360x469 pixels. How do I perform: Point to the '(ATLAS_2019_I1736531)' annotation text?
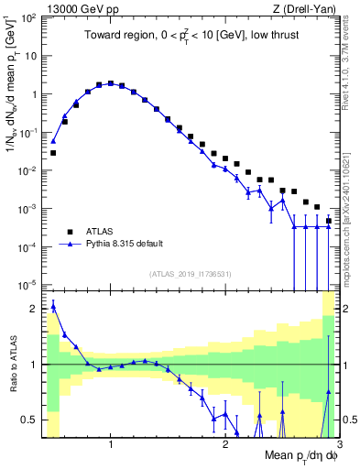click(x=191, y=274)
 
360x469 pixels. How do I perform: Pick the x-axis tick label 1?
click(x=111, y=445)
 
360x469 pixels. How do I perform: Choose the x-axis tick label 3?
click(x=336, y=445)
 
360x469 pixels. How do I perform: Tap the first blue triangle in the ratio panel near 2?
click(x=53, y=306)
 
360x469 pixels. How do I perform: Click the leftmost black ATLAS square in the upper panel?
click(x=53, y=153)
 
